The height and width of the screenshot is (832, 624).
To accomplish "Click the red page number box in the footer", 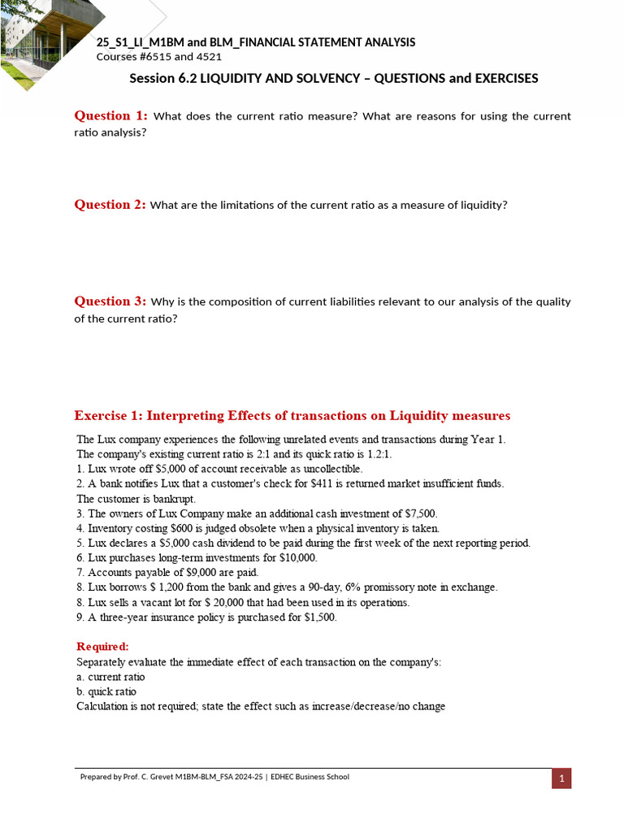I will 561,778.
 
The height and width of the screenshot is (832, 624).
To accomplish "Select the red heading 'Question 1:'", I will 110,115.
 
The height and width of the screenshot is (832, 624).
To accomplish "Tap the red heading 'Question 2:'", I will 110,205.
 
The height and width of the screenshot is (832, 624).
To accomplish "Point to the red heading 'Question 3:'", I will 110,301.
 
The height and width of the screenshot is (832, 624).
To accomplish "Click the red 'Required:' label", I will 102,647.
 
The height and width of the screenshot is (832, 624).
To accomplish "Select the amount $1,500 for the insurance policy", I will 319,617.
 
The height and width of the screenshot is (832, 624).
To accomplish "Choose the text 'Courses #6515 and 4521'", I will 159,57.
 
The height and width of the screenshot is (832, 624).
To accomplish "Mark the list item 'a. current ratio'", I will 110,677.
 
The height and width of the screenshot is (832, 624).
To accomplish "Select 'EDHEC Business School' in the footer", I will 310,777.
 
